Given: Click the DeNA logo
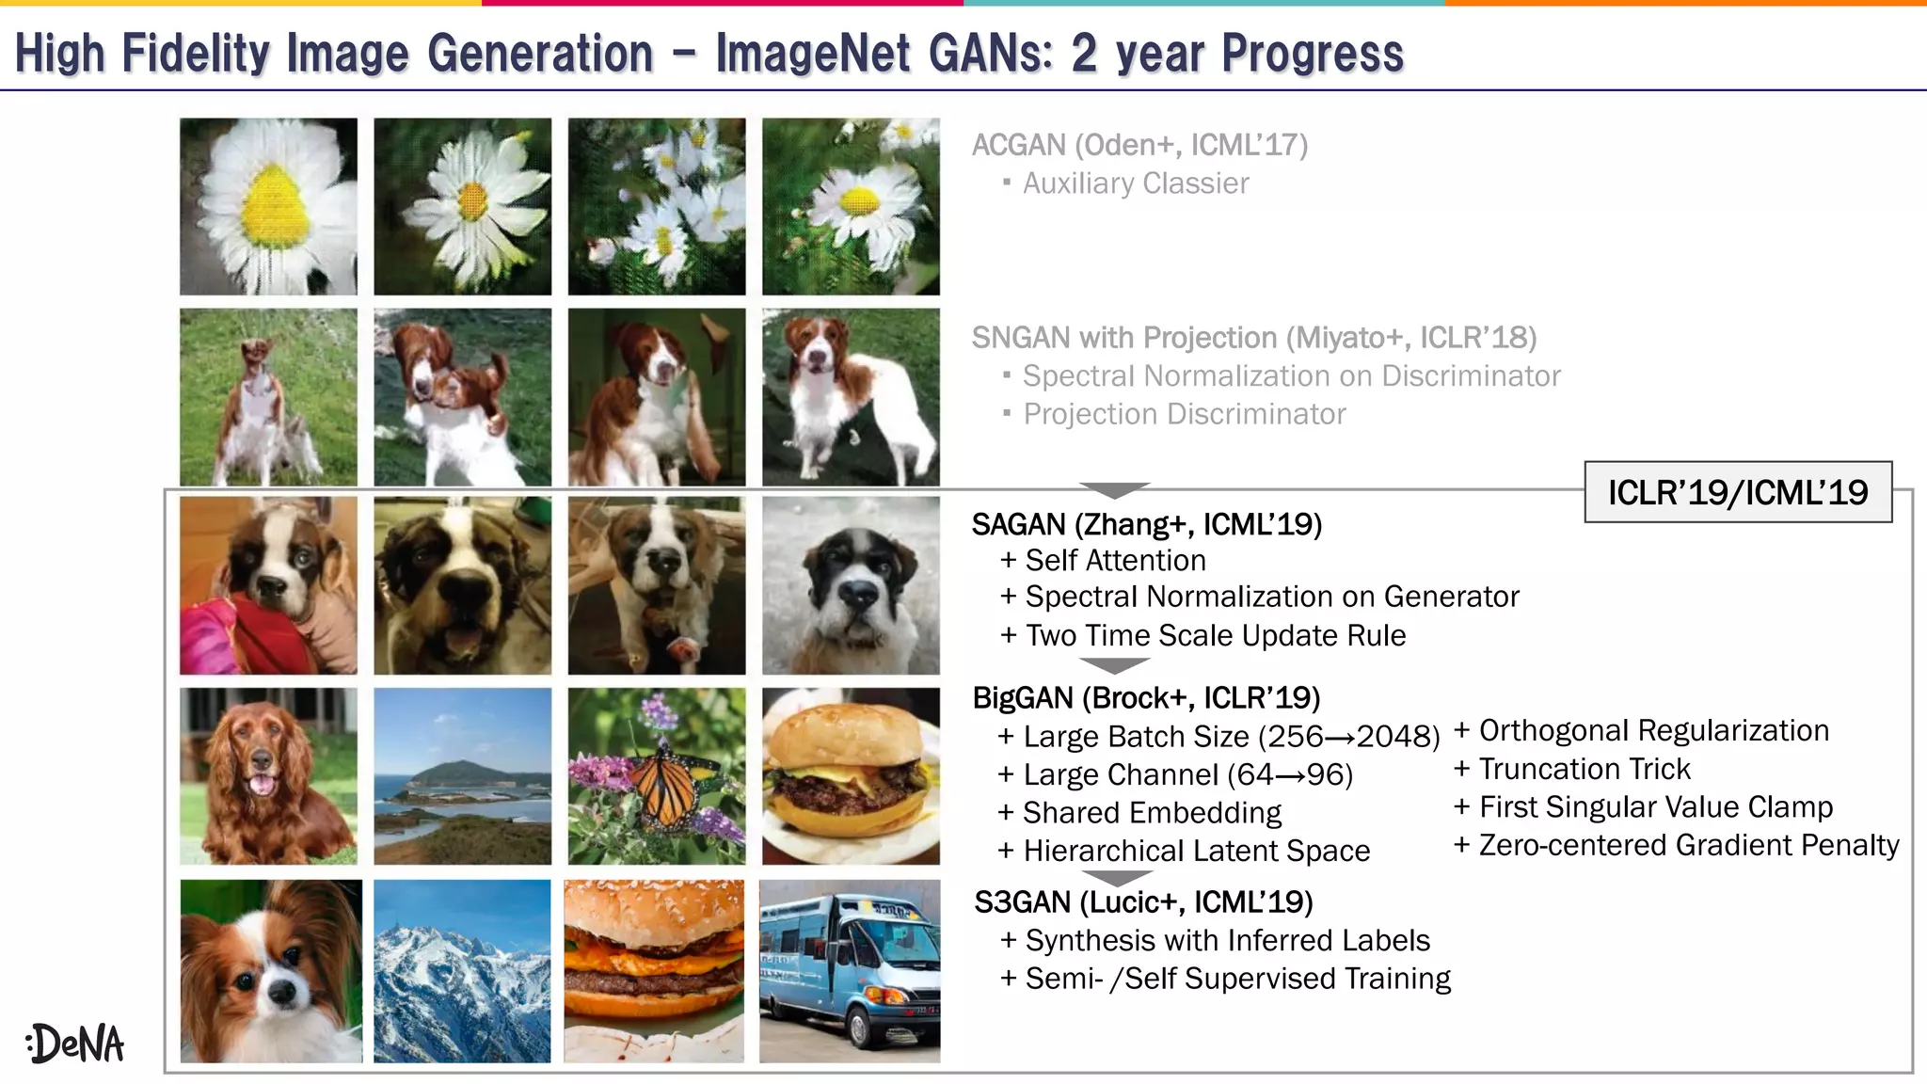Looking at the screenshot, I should [75, 1043].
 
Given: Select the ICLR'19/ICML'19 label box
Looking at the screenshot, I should [1737, 492].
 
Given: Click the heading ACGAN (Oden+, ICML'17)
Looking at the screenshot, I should [1139, 145].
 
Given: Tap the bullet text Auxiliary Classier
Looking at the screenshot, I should [1136, 183].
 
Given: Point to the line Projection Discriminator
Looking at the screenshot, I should [1184, 414].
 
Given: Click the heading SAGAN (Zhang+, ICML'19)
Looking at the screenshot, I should [1146, 524].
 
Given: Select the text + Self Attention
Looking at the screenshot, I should [1103, 561].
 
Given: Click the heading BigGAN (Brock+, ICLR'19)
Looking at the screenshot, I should [1146, 698].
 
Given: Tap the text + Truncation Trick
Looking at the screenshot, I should [1572, 770].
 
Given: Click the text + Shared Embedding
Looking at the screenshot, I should [1139, 813].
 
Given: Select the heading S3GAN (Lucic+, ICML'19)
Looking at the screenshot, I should [1143, 902].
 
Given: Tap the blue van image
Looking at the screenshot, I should [850, 971].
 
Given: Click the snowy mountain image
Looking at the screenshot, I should [462, 971].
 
